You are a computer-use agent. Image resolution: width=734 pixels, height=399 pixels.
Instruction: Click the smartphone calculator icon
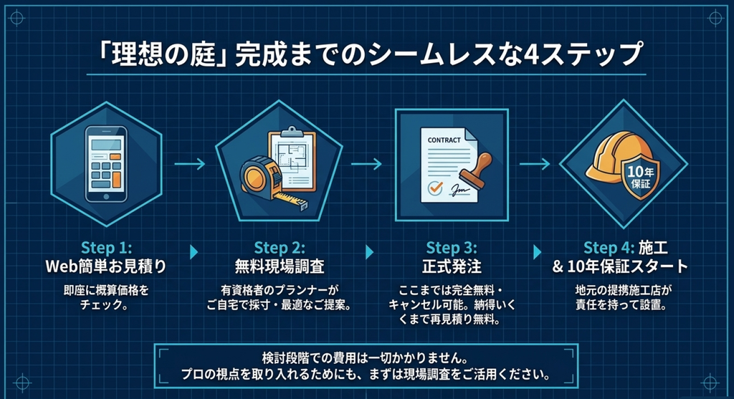click(x=106, y=164)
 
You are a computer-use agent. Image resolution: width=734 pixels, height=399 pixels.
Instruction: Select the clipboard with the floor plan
click(x=292, y=160)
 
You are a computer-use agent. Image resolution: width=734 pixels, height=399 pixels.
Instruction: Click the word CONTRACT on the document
click(x=444, y=140)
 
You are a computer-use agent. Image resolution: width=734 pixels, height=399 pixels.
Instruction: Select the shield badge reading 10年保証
click(x=640, y=178)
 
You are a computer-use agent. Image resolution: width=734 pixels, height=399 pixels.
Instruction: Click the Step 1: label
click(x=106, y=247)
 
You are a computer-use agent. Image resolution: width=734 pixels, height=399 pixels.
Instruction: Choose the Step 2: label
click(x=280, y=247)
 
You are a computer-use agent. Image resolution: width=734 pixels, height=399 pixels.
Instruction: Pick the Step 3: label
click(x=452, y=247)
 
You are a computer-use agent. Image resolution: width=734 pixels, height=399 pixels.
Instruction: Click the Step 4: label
click(x=609, y=247)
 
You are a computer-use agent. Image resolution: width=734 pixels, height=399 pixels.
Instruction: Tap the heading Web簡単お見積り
click(x=106, y=266)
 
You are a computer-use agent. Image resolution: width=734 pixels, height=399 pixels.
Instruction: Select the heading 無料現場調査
click(x=280, y=266)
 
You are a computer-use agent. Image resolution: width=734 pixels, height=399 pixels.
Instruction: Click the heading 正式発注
click(x=452, y=266)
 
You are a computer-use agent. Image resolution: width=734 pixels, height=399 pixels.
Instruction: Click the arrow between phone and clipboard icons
click(x=190, y=164)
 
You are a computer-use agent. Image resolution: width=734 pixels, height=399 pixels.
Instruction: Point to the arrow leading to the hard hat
click(x=535, y=164)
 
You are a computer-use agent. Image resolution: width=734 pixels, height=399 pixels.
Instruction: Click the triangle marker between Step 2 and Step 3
click(x=370, y=252)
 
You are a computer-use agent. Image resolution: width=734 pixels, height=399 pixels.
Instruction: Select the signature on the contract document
click(x=459, y=189)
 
